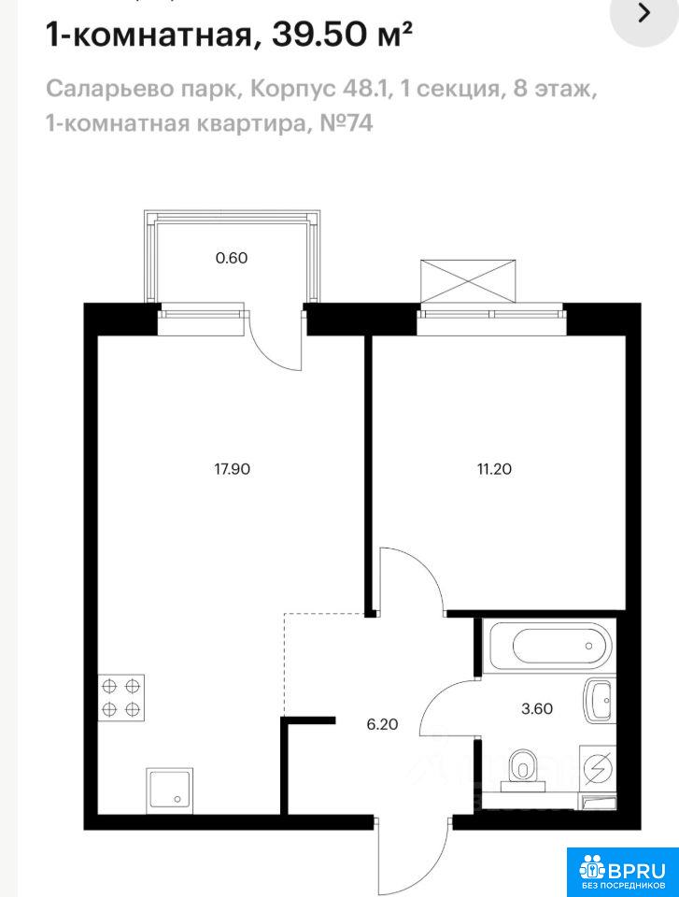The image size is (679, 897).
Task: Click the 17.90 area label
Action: click(x=233, y=470)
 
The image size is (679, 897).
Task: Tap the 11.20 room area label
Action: click(x=494, y=470)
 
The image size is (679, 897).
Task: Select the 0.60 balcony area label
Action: click(x=231, y=258)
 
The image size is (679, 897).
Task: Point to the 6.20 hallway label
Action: click(x=382, y=724)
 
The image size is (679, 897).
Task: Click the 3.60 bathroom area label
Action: click(x=536, y=709)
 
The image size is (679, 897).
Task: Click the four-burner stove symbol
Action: click(x=121, y=697)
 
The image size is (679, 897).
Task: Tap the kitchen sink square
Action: click(x=169, y=790)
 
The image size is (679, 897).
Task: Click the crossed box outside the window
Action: click(x=468, y=280)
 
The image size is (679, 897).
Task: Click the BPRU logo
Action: click(x=622, y=871)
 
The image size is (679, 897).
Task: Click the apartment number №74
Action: click(x=346, y=122)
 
